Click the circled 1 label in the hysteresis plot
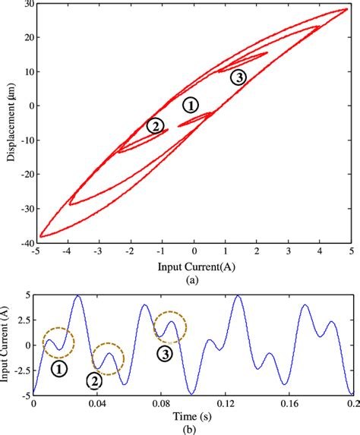tap(191, 106)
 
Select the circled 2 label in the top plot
tap(155, 126)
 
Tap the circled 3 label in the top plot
tap(238, 77)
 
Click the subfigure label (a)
tap(194, 279)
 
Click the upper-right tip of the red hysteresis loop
tap(347, 10)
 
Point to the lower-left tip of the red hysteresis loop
tap(39, 236)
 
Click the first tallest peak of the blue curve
tap(77, 296)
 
